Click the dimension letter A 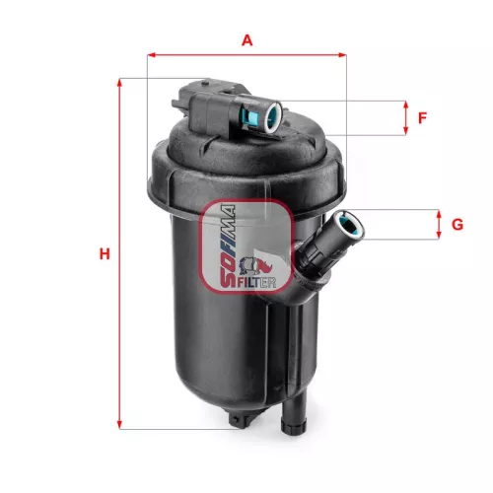coord(246,40)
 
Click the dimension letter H coord(104,254)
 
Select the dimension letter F coord(422,118)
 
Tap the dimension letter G coord(457,225)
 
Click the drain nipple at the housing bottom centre coord(239,420)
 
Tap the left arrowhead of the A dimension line coord(151,56)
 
